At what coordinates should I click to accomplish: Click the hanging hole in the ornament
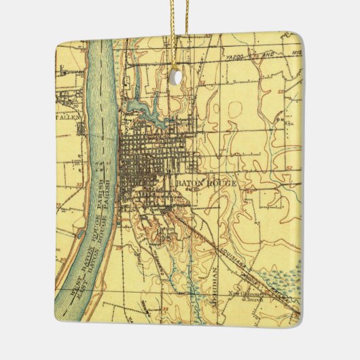pyautogui.click(x=179, y=77)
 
